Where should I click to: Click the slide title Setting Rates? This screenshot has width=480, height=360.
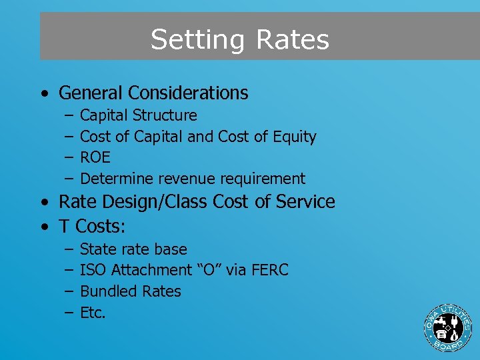(239, 39)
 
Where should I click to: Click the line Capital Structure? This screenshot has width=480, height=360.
(138, 115)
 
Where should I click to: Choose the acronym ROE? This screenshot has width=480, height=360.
(95, 158)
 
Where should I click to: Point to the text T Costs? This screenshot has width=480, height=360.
(92, 226)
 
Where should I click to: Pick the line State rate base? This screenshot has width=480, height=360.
(133, 249)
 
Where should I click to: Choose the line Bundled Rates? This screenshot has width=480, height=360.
(130, 291)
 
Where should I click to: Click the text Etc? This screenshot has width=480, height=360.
(93, 313)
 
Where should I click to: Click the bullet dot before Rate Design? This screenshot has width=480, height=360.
(43, 202)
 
